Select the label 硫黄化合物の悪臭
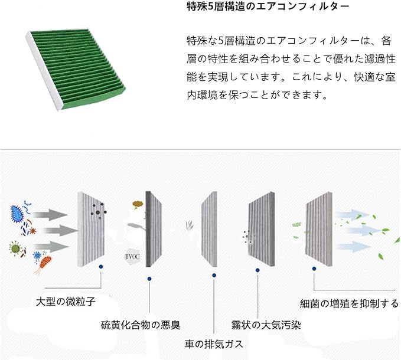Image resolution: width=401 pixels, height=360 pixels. pyautogui.click(x=141, y=325)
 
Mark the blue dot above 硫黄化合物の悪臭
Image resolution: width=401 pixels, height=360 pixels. pyautogui.click(x=150, y=277)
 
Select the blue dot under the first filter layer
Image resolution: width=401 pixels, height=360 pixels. pyautogui.click(x=102, y=267)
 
